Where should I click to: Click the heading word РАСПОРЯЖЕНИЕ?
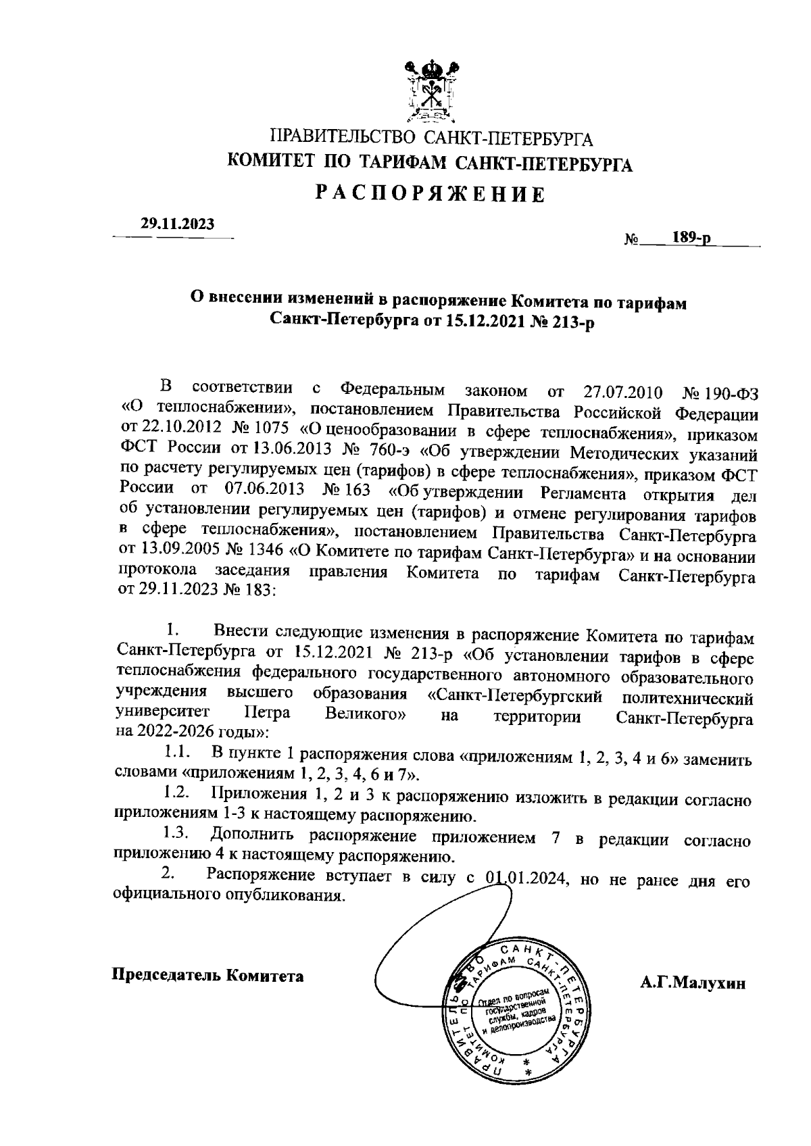coord(431,195)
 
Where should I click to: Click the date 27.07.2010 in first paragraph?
coord(621,393)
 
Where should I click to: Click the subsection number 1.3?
coord(179,834)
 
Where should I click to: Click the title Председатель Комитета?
coord(207,976)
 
